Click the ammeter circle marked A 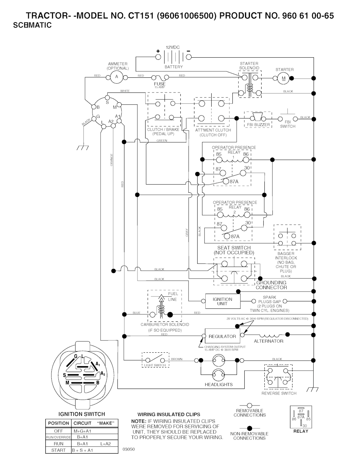pos(116,77)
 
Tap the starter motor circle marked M pos(283,78)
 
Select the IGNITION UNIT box pos(222,301)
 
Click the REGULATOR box pos(222,337)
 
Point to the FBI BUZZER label pos(258,125)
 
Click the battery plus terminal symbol pos(158,52)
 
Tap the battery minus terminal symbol pos(189,51)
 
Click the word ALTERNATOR pos(269,341)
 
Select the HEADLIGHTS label pos(219,385)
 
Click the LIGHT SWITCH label pos(155,365)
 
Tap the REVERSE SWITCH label pos(279,394)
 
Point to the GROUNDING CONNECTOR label pos(271,285)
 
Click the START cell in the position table pos(58,450)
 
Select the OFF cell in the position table pos(58,431)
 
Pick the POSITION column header pos(58,423)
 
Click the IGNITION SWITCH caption pos(82,414)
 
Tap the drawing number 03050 pos(128,449)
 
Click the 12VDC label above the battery pos(173,47)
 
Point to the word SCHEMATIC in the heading pos(32,25)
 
